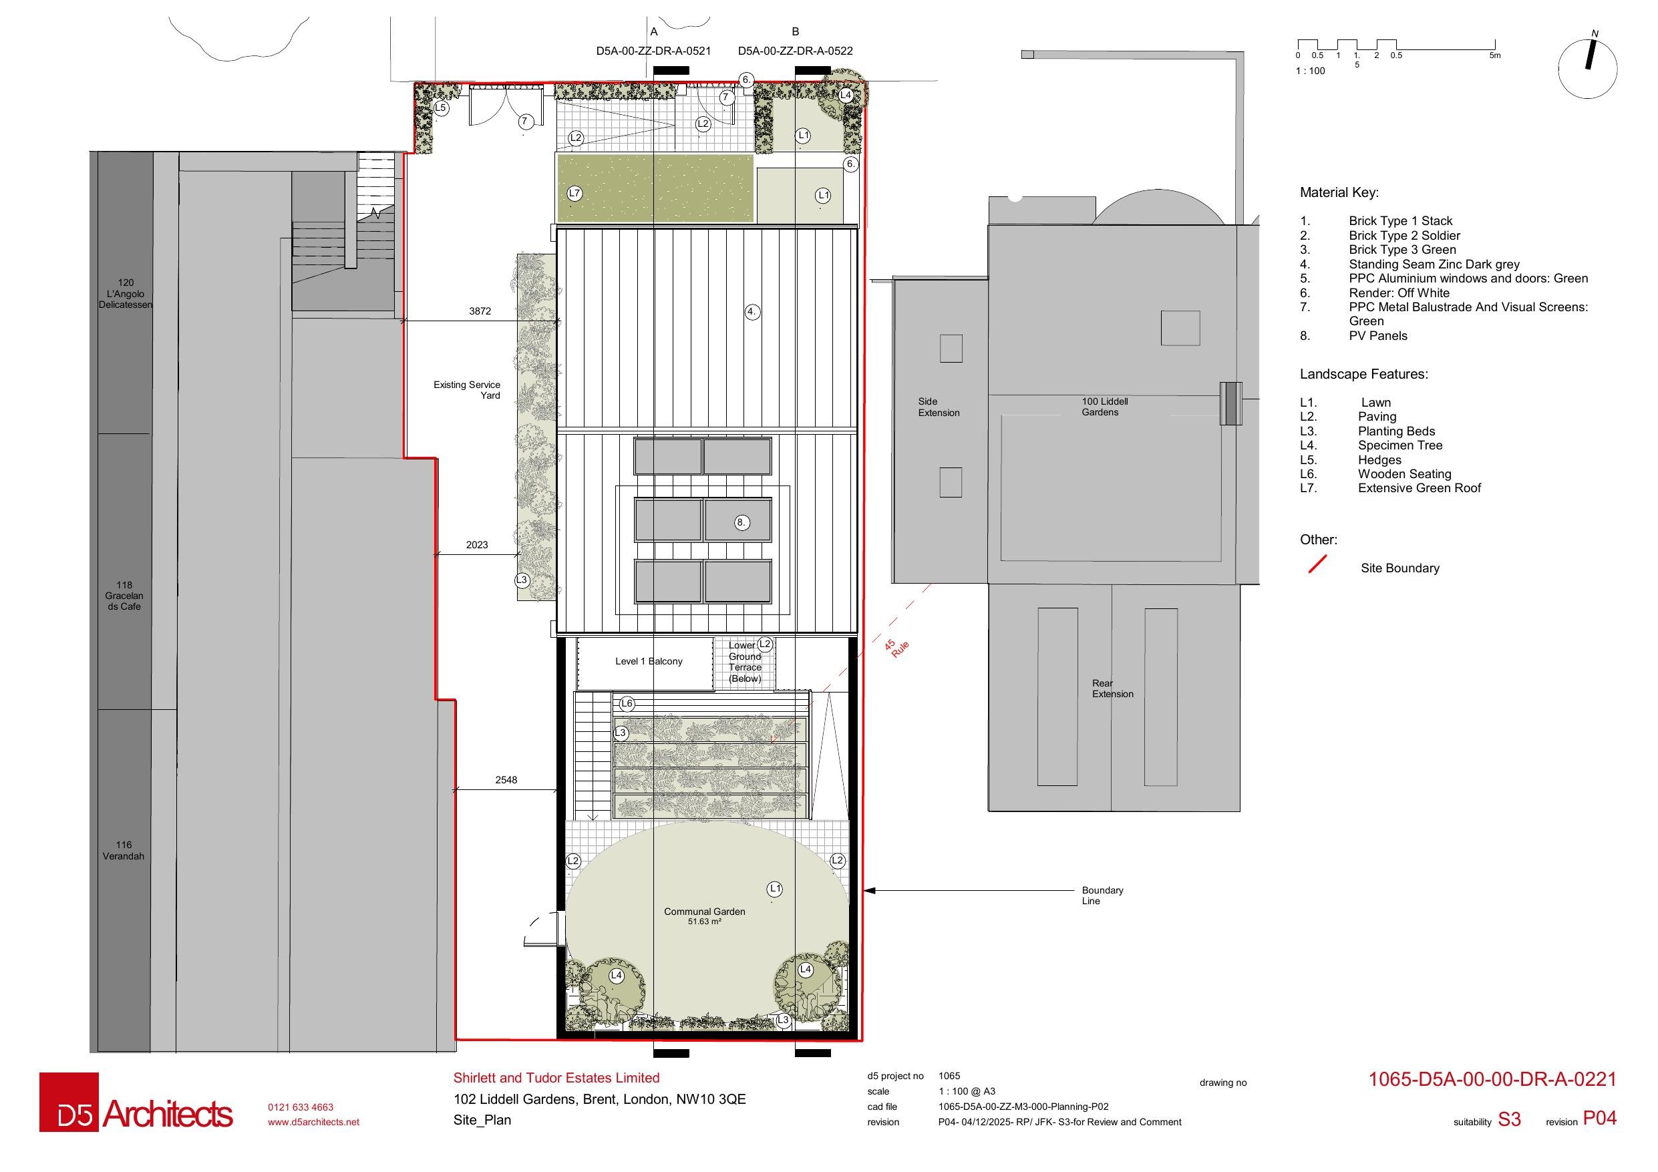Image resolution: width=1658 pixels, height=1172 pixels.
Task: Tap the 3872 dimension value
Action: tap(480, 311)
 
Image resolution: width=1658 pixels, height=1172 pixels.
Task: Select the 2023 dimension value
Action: tap(476, 545)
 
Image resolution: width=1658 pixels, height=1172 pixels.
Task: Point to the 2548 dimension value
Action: tap(506, 780)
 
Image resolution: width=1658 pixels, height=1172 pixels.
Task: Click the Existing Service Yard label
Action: tap(466, 390)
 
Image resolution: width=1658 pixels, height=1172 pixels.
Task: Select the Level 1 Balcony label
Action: tap(649, 661)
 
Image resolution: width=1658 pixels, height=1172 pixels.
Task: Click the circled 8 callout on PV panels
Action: tap(741, 522)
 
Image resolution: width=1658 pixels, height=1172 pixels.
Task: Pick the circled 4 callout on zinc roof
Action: tap(752, 312)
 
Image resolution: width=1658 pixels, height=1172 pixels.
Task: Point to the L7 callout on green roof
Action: tap(574, 193)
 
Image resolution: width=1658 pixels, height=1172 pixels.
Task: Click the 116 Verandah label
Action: tap(124, 851)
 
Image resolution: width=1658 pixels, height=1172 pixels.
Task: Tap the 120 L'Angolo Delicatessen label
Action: tap(126, 294)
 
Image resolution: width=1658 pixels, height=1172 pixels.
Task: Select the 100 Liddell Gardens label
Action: tap(1104, 407)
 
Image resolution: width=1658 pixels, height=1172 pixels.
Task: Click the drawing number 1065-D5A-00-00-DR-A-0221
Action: tap(1492, 1080)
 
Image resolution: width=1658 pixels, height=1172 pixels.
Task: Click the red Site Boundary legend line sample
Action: tap(1318, 565)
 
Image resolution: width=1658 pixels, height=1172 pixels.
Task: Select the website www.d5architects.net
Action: tap(313, 1122)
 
